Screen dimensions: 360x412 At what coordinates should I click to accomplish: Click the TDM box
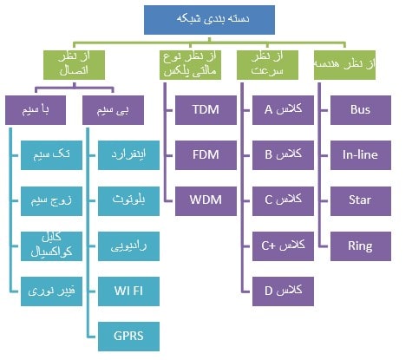coord(206,110)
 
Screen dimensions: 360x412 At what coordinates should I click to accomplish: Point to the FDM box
coord(206,155)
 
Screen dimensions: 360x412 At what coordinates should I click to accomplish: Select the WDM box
coord(206,200)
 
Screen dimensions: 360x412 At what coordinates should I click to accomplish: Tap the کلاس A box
coord(282,110)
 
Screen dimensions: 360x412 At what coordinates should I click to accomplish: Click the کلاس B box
coord(282,155)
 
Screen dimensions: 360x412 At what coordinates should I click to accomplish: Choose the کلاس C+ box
coord(282,245)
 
